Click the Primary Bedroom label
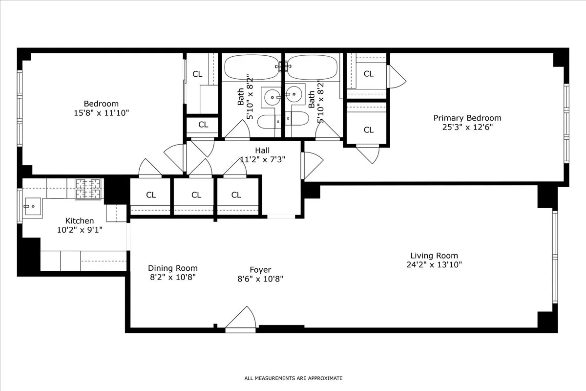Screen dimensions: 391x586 [467, 118]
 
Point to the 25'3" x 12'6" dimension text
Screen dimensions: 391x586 [467, 127]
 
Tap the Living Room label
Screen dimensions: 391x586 [434, 255]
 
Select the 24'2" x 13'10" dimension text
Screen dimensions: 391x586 [434, 264]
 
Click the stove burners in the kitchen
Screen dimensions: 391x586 [89, 189]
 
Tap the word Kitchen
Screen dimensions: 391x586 [79, 221]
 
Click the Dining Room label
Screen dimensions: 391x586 [173, 268]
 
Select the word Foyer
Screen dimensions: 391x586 [260, 270]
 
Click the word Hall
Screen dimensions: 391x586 [262, 151]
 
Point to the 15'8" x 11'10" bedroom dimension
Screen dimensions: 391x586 [101, 113]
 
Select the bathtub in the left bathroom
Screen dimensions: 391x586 [252, 67]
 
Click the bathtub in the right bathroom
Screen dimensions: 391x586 [312, 67]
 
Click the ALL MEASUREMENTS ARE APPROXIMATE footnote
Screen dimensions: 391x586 [293, 378]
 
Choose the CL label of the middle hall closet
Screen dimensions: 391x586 [196, 195]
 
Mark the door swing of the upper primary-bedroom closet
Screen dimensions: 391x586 [396, 76]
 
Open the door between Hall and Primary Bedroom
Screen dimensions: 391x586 [312, 165]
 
